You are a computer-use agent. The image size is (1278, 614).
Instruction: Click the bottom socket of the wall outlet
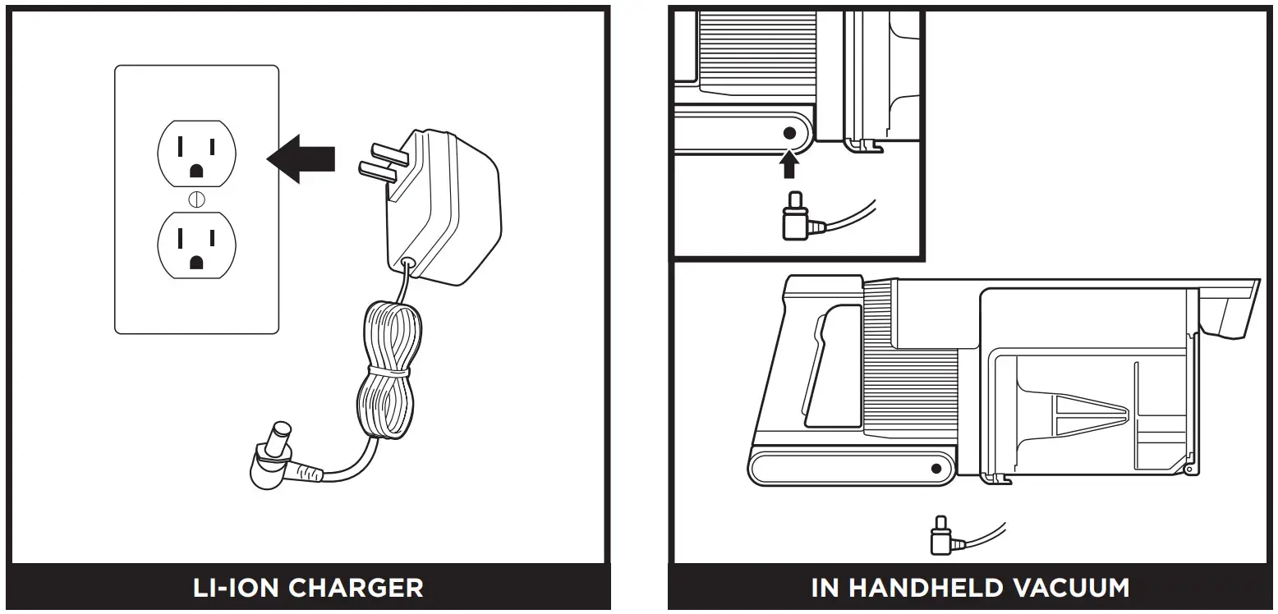click(196, 245)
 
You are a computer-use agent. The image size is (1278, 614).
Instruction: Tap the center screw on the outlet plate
click(196, 199)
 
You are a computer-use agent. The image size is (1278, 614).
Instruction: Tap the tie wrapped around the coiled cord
click(388, 372)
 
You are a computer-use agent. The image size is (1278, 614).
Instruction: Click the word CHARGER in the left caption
click(356, 588)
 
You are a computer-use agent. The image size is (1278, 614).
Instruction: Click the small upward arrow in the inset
click(789, 166)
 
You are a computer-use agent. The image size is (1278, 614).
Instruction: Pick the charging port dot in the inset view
click(790, 132)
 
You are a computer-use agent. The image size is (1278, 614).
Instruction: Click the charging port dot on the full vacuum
click(936, 469)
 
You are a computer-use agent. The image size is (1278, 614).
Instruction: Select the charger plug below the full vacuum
click(940, 538)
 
